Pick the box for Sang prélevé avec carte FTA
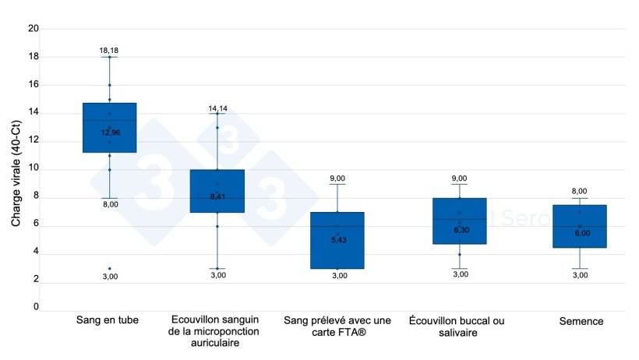pyautogui.click(x=337, y=249)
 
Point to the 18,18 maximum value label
pyautogui.click(x=109, y=51)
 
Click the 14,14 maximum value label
pyautogui.click(x=217, y=108)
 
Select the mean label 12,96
pyautogui.click(x=110, y=132)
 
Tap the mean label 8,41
pyautogui.click(x=217, y=196)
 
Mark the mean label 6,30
pyautogui.click(x=460, y=230)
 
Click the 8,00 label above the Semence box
pyautogui.click(x=580, y=191)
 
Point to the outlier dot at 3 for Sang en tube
pyautogui.click(x=109, y=268)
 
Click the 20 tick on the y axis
pyautogui.click(x=34, y=29)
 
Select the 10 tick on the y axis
pyautogui.click(x=34, y=169)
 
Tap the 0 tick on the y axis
pyautogui.click(x=36, y=308)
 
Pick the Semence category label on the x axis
pyautogui.click(x=581, y=321)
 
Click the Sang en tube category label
pyautogui.click(x=108, y=321)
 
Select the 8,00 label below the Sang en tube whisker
pyautogui.click(x=110, y=204)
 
